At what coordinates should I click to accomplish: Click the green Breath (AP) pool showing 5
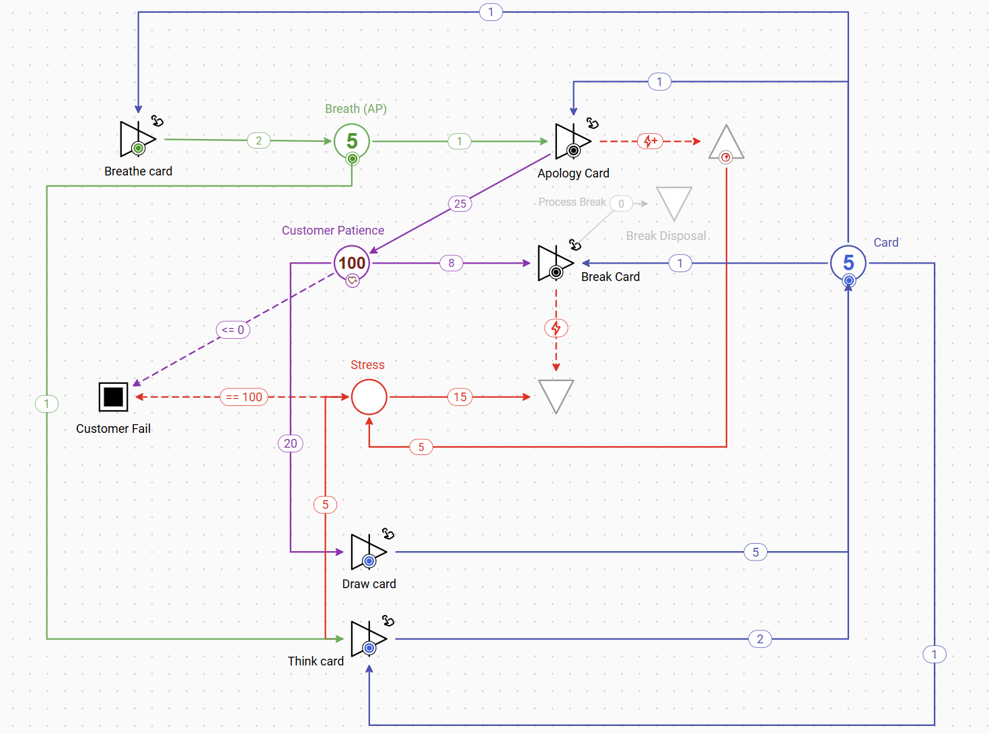coord(352,141)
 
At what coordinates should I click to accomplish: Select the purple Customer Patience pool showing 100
coord(352,263)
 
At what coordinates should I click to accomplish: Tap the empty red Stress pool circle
coord(369,397)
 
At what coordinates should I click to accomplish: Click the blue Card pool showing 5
coord(848,263)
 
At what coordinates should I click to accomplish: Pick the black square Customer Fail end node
coord(113,397)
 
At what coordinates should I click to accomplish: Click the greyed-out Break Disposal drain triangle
coord(674,202)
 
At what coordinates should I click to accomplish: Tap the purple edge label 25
coord(460,204)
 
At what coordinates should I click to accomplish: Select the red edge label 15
coord(460,397)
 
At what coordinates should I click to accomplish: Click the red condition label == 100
coord(244,397)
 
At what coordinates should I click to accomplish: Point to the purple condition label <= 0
coord(233,330)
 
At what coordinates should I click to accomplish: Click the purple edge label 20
coord(291,443)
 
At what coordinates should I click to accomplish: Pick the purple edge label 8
coord(451,263)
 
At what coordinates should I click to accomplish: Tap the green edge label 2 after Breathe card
coord(259,140)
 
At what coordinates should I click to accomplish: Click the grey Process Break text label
coord(572,202)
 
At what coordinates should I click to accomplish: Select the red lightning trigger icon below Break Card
coord(556,328)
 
